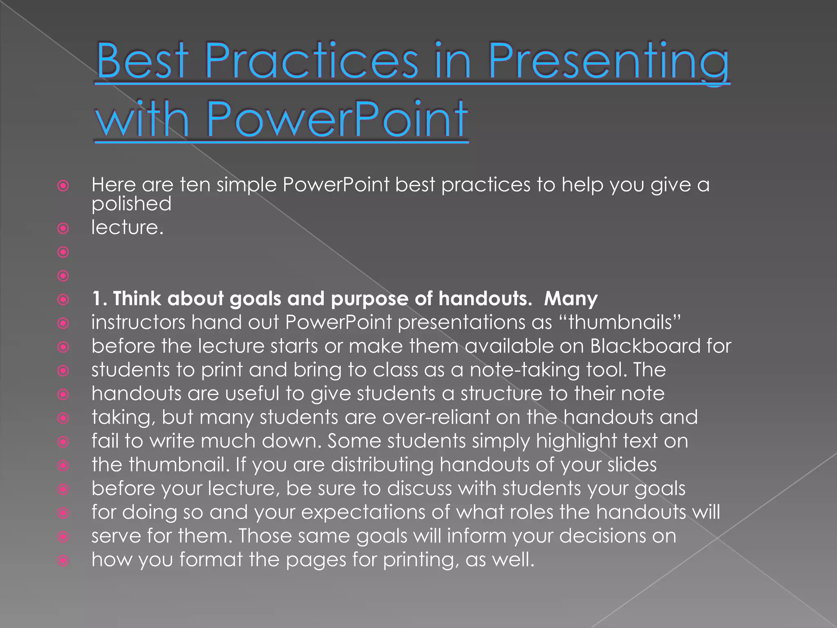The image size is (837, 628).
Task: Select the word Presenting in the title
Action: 609,61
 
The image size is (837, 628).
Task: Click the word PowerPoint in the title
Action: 337,119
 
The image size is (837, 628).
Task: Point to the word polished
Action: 131,204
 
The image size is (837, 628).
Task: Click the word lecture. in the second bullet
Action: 127,227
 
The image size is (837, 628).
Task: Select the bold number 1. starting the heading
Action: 99,298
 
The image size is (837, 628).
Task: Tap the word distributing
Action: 382,465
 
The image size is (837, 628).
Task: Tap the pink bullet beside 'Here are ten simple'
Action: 63,186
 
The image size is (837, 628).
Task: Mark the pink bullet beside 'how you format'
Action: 63,560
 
